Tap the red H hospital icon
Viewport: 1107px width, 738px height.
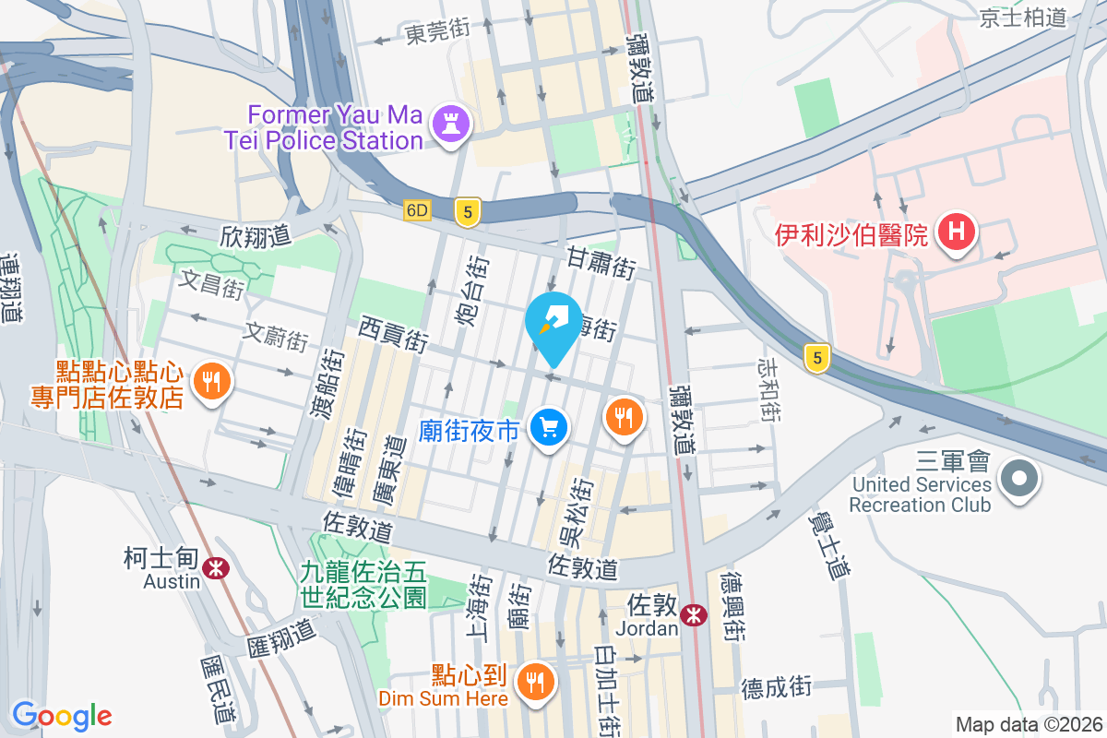pyautogui.click(x=957, y=231)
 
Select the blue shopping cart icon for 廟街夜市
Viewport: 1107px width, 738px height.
pyautogui.click(x=550, y=428)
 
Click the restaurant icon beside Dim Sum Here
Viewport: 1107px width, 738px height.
pyautogui.click(x=534, y=684)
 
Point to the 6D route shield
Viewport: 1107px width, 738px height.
pyautogui.click(x=417, y=211)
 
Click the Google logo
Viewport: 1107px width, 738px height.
pyautogui.click(x=62, y=715)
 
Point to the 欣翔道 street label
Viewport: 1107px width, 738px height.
pyautogui.click(x=256, y=236)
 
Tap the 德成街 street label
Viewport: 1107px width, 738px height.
pyautogui.click(x=776, y=686)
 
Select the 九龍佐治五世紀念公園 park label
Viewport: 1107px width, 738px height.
pyautogui.click(x=363, y=584)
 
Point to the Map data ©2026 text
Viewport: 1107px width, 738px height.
pyautogui.click(x=1028, y=724)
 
